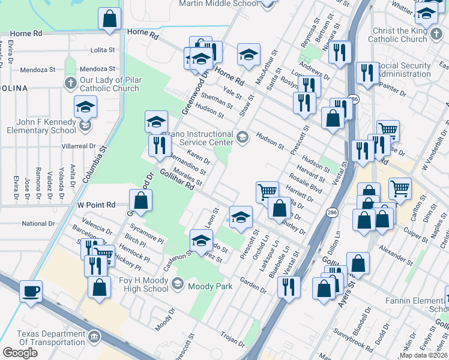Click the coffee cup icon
pyautogui.click(x=31, y=292)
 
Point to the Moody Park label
pyautogui.click(x=210, y=286)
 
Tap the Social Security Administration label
pyautogui.click(x=403, y=70)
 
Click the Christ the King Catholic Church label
pyautogui.click(x=408, y=35)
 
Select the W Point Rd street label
pyautogui.click(x=96, y=205)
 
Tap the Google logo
pyautogui.click(x=20, y=352)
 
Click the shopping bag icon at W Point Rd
pyautogui.click(x=140, y=201)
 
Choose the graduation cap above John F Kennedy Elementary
pyautogui.click(x=86, y=108)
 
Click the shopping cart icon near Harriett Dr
pyautogui.click(x=267, y=192)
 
